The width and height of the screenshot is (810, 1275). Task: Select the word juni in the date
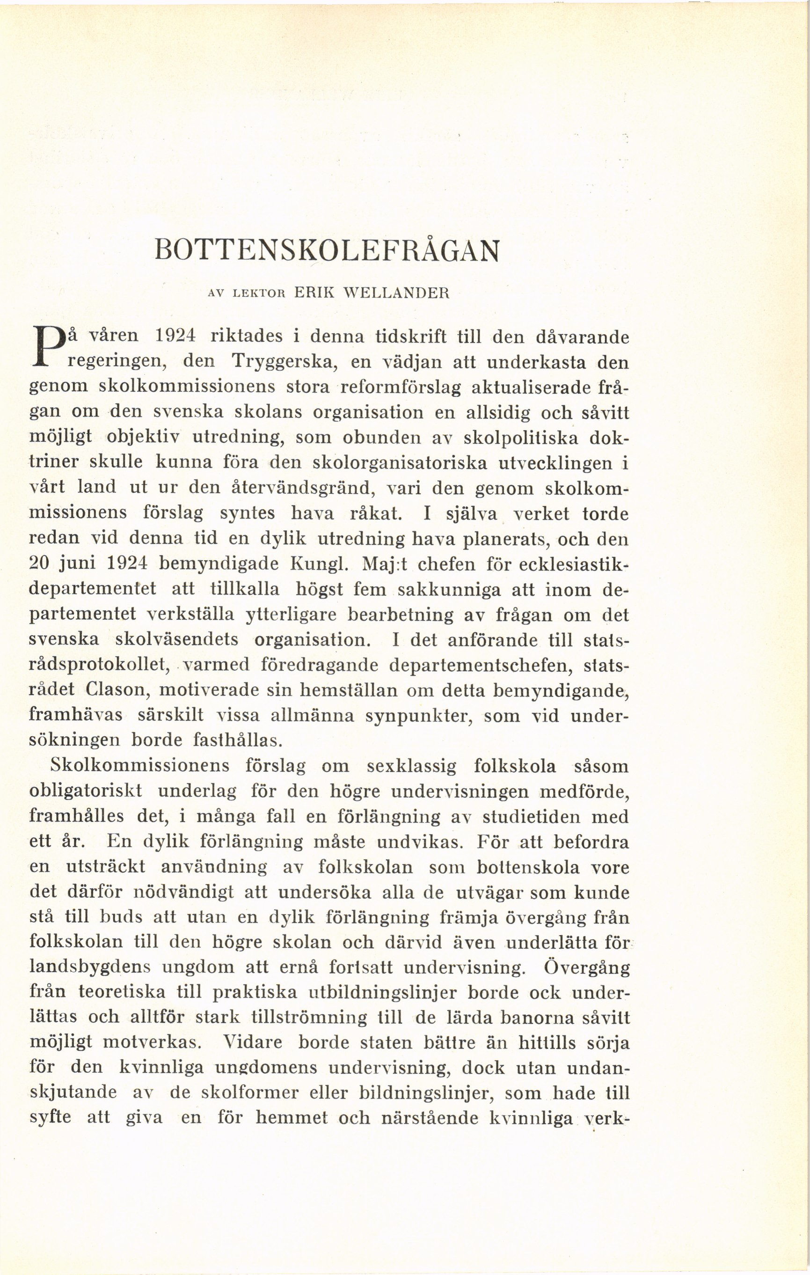[76, 563]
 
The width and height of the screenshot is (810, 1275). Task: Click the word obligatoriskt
[85, 791]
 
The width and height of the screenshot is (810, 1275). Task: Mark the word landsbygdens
[90, 967]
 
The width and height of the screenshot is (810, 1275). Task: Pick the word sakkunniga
[449, 589]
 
